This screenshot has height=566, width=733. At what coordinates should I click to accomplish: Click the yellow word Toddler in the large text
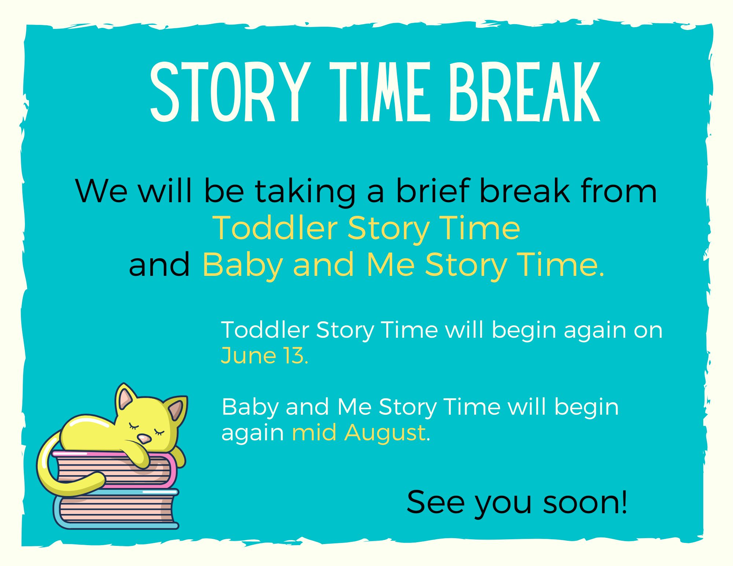coord(275,228)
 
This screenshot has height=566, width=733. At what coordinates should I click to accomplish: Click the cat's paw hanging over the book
coord(141,458)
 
